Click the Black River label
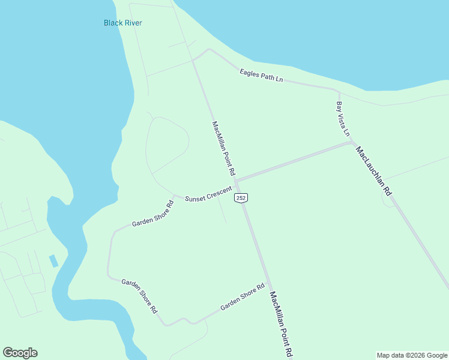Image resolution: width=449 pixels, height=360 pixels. pos(122,23)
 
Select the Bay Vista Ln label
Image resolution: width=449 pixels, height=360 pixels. pos(343,119)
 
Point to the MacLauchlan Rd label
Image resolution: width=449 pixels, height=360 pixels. pos(373,171)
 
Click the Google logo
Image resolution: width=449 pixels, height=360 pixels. pos(20,353)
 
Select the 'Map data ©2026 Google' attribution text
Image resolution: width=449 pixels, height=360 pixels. pos(411,355)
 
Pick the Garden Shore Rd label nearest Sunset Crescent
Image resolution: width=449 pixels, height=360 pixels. pos(153,214)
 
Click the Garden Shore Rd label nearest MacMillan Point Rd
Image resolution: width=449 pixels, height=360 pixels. pos(243,298)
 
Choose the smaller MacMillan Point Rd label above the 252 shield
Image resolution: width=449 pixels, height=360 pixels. pos(223,148)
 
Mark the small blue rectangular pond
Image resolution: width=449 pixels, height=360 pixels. pos(53,261)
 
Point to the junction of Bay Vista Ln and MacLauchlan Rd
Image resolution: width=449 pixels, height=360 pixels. pos(352,143)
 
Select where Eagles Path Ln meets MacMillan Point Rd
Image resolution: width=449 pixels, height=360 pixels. pos(193,60)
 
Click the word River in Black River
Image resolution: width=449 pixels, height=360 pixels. pos(133,23)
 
